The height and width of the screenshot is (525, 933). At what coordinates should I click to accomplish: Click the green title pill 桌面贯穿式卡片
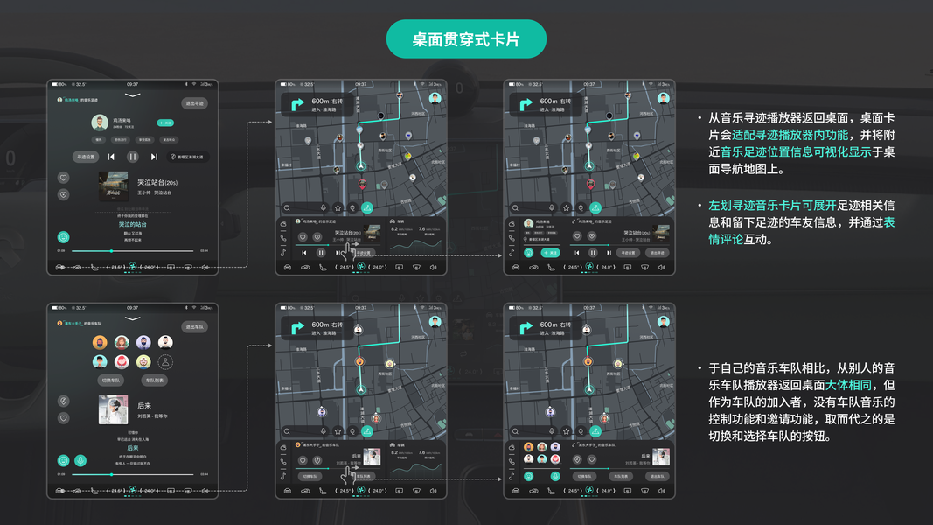466,39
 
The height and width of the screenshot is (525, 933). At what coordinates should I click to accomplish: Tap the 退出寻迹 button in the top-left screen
194,103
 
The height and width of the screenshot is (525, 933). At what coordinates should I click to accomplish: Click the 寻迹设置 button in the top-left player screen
85,157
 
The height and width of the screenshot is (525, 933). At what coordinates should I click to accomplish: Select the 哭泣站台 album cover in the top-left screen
113,185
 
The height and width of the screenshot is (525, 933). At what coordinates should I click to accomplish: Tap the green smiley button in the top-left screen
63,236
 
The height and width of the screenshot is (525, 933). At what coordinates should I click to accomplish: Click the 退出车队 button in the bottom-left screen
194,327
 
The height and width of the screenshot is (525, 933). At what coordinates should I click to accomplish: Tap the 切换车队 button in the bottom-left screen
111,381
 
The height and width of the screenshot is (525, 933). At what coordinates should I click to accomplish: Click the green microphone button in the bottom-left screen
80,460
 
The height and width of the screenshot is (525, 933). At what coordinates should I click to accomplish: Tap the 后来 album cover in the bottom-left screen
113,409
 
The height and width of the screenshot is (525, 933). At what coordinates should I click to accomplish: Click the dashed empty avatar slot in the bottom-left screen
165,361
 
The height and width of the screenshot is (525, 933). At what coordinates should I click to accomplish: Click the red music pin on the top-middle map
362,184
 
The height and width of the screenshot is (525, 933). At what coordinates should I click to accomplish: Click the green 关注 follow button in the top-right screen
550,253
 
